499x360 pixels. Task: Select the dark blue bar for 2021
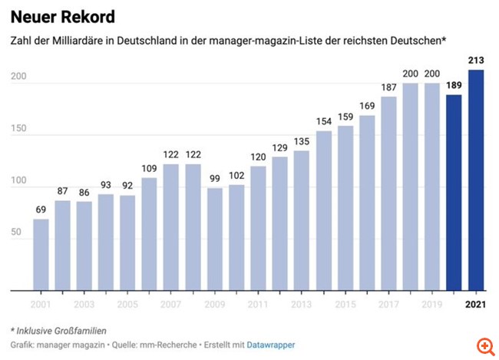pos(477,180)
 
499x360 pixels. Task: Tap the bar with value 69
pos(41,255)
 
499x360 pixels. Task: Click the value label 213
pos(477,61)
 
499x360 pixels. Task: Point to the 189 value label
pos(454,84)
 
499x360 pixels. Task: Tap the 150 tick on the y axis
pos(21,129)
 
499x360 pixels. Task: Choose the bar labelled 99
pos(215,239)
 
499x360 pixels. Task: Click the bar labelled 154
pos(324,211)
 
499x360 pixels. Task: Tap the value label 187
pos(388,88)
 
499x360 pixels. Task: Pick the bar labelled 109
pos(150,234)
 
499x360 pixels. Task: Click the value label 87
pos(62,191)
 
